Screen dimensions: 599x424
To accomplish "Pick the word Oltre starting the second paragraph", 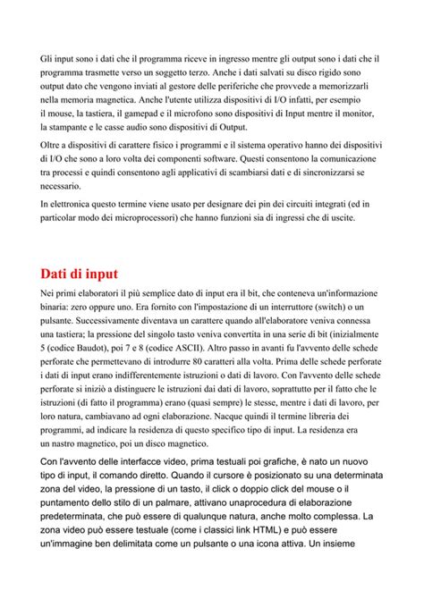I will [53, 146].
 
